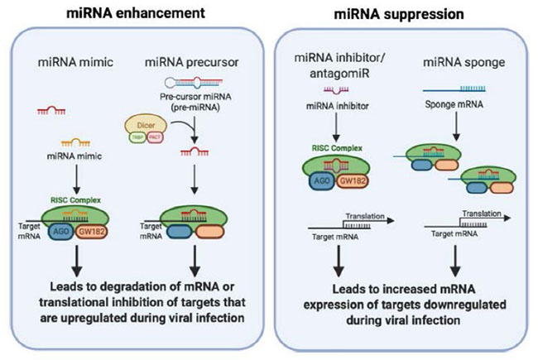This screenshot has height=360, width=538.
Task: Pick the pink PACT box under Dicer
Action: click(154, 137)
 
